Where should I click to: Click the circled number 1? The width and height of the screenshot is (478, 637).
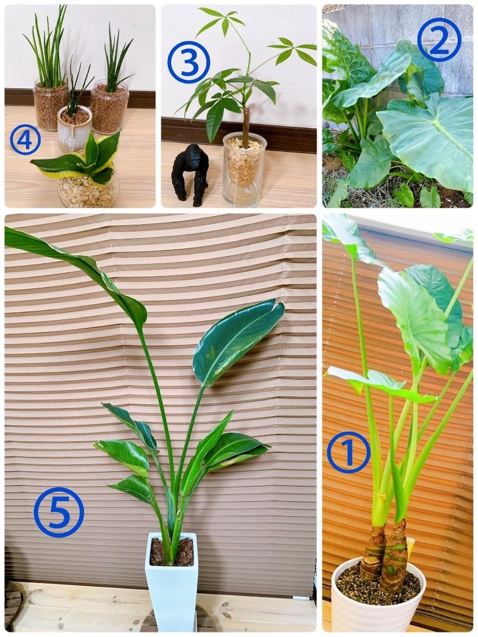[349, 452]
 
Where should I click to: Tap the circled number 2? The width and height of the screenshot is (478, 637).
[439, 40]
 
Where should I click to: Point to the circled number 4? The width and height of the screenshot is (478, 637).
[25, 140]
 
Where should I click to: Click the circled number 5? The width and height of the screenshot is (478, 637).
[59, 512]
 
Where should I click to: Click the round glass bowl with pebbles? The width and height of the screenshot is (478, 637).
[88, 190]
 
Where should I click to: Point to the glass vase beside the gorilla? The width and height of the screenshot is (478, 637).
[244, 170]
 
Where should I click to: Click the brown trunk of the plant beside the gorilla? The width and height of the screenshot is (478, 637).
[246, 126]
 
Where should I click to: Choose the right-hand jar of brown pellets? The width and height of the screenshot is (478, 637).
[109, 108]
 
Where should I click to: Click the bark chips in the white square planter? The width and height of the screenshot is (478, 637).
[172, 551]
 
